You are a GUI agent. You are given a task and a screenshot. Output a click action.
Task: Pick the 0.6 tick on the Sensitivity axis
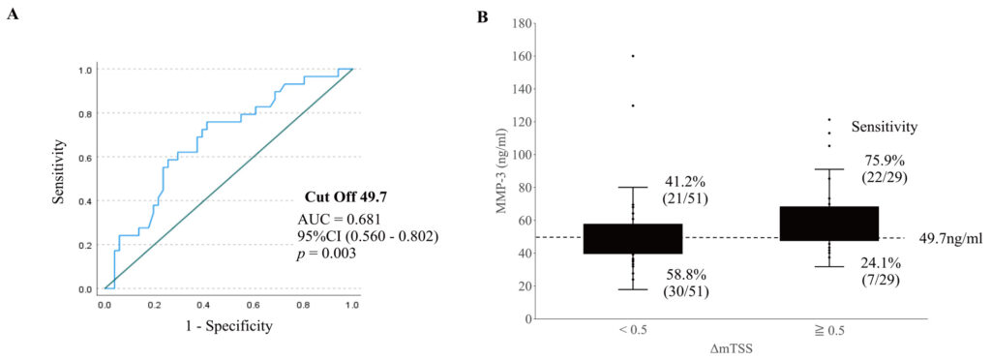point(89,157)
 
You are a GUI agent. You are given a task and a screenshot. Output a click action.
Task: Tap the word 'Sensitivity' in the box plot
point(885,128)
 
